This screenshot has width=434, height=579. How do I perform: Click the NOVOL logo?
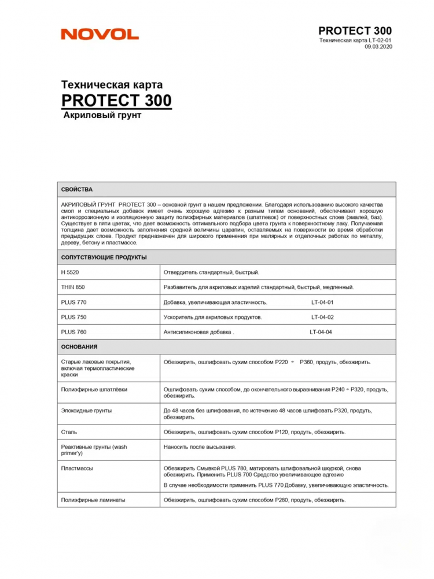pyautogui.click(x=100, y=34)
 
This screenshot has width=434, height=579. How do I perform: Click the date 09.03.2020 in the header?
pyautogui.click(x=378, y=47)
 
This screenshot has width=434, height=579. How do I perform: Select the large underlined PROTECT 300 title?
pyautogui.click(x=116, y=100)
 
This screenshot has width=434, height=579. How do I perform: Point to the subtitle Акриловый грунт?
pyautogui.click(x=102, y=115)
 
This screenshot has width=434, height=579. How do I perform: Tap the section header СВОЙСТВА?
pyautogui.click(x=77, y=189)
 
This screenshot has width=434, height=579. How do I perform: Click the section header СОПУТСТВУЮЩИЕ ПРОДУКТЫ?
pyautogui.click(x=104, y=257)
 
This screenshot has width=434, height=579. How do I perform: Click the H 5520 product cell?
pyautogui.click(x=70, y=272)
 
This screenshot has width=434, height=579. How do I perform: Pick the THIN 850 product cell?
pyautogui.click(x=73, y=287)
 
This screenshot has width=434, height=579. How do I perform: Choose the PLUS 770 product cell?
pyautogui.click(x=73, y=302)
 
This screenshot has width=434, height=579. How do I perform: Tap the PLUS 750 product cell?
pyautogui.click(x=73, y=317)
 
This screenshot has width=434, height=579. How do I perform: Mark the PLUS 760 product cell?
pyautogui.click(x=73, y=332)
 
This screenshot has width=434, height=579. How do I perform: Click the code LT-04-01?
pyautogui.click(x=322, y=302)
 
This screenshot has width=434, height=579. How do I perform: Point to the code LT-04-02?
pyautogui.click(x=322, y=317)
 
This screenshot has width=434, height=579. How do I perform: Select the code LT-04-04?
pyautogui.click(x=321, y=332)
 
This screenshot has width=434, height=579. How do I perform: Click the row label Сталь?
pyautogui.click(x=69, y=432)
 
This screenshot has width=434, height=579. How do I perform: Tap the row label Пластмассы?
pyautogui.click(x=77, y=468)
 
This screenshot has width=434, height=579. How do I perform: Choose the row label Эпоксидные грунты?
pyautogui.click(x=86, y=411)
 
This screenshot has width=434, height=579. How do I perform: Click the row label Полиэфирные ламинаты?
pyautogui.click(x=93, y=500)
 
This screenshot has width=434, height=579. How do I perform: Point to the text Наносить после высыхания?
pyautogui.click(x=200, y=447)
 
